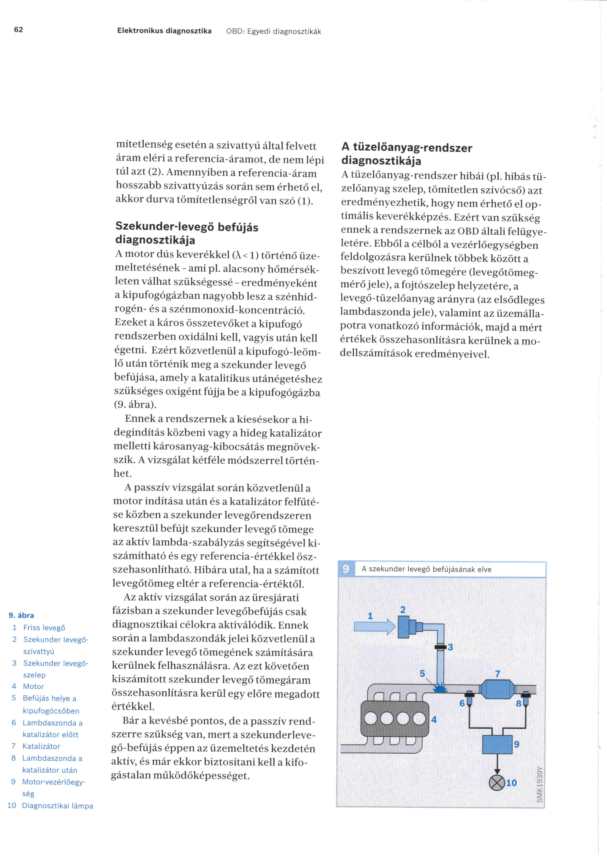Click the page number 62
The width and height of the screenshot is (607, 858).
click(18, 30)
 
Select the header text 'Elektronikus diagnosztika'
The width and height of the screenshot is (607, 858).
click(164, 31)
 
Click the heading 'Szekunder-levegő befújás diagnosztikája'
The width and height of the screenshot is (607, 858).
click(187, 233)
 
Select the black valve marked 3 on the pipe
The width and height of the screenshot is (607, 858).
click(441, 646)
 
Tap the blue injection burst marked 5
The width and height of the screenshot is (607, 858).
click(441, 687)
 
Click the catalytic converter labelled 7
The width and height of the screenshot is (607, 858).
click(498, 688)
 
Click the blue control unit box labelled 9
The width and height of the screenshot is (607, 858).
click(497, 744)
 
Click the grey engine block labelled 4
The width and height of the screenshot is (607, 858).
click(394, 718)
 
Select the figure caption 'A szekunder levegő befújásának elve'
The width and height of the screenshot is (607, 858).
click(426, 569)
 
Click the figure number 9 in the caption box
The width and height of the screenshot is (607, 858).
click(346, 569)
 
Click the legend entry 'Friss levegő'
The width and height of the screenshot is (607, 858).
click(44, 628)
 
